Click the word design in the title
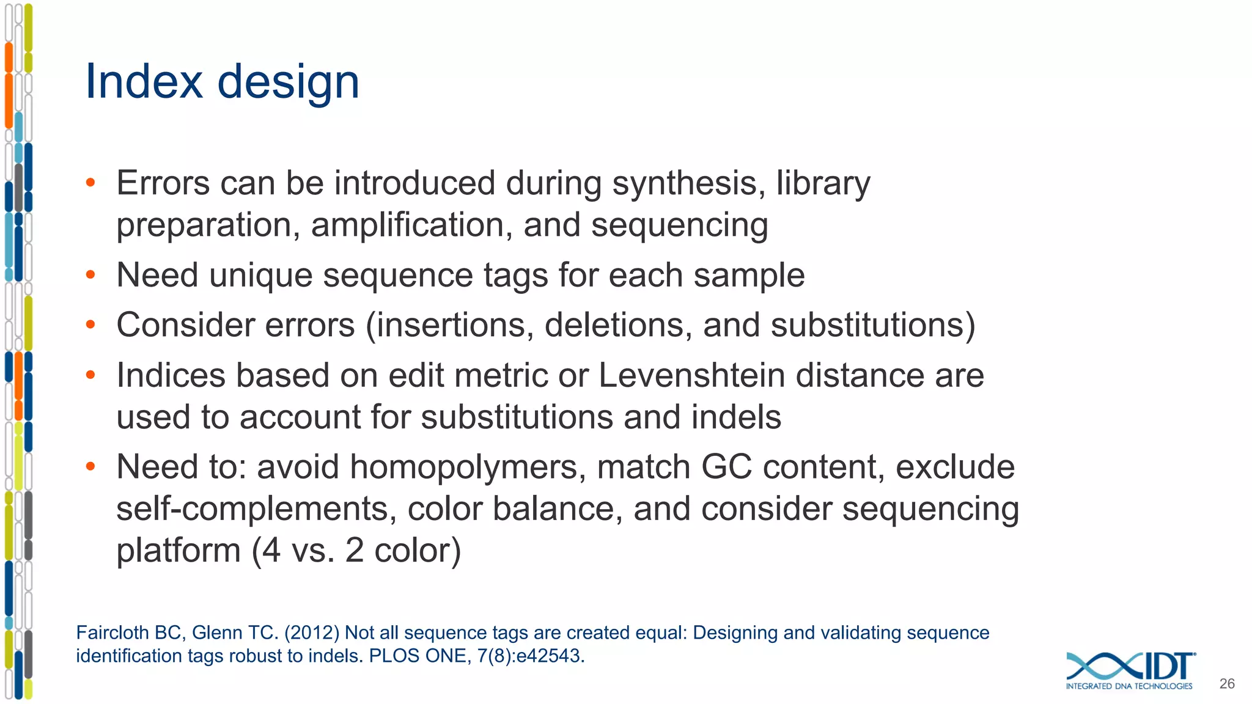[x=289, y=82]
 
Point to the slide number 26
[x=1226, y=684]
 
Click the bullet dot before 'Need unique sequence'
[x=90, y=275]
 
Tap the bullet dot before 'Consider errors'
[x=90, y=325]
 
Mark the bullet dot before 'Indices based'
[x=90, y=375]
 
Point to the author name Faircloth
[x=112, y=633]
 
